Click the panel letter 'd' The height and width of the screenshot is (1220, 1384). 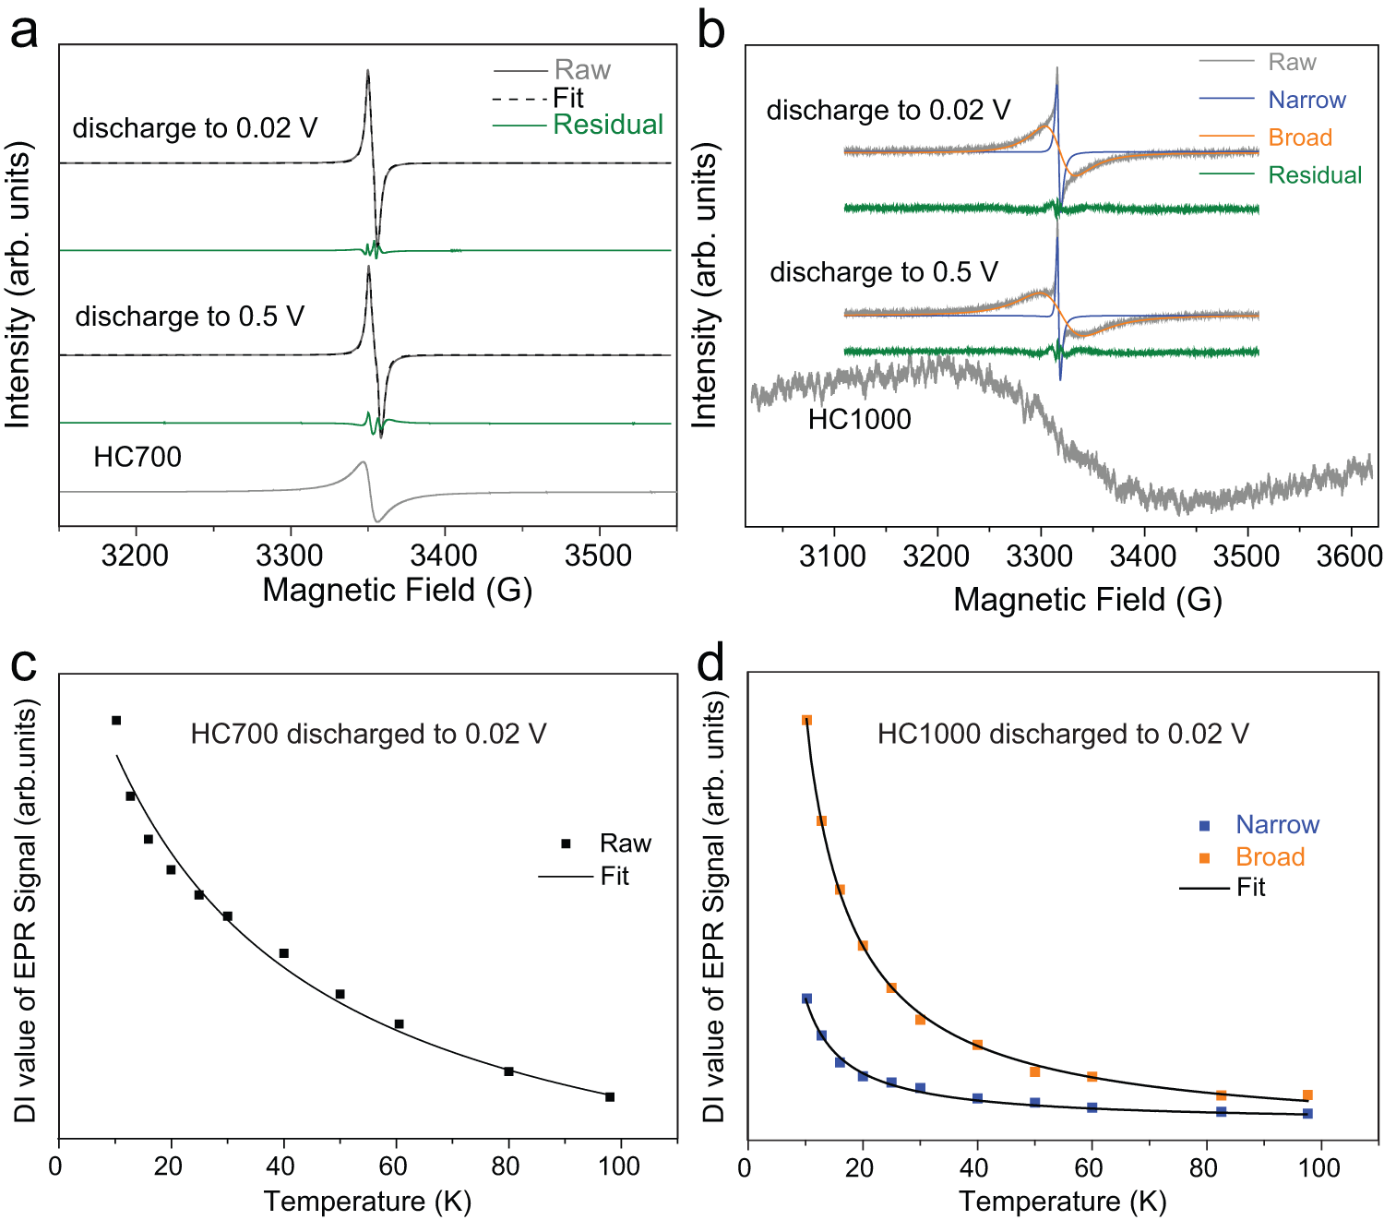(711, 663)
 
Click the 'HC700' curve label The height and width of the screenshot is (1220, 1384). (137, 457)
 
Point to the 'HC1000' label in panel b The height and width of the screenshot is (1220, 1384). (859, 420)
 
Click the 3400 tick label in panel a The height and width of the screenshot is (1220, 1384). (444, 556)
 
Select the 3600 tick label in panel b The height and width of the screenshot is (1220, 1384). (1348, 556)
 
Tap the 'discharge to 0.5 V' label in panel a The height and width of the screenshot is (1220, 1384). (189, 317)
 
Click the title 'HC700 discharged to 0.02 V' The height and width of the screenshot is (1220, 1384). (368, 734)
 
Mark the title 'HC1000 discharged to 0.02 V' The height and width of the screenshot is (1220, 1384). (1062, 734)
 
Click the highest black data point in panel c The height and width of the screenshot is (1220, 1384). (116, 720)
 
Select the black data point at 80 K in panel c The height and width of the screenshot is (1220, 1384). (508, 1071)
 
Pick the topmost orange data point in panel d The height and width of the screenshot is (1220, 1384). (806, 720)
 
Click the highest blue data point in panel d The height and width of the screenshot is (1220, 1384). (806, 999)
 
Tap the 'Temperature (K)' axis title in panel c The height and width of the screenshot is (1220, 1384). (367, 1201)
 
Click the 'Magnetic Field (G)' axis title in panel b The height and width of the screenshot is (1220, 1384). (1087, 600)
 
